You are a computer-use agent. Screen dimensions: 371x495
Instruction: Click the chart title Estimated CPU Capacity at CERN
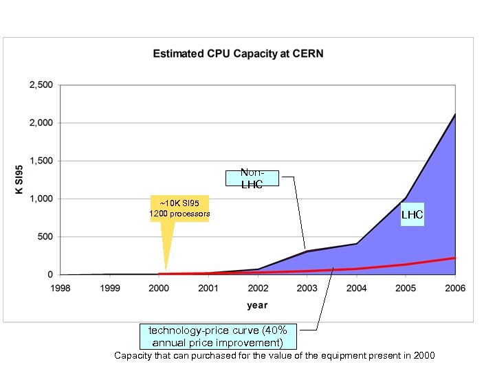(238, 53)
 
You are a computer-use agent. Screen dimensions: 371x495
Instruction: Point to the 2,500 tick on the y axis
(41, 85)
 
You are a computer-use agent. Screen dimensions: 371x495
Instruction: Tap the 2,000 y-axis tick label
(41, 123)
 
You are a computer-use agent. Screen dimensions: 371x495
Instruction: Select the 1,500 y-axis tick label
(41, 161)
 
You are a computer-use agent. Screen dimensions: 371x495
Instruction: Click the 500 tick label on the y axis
(45, 236)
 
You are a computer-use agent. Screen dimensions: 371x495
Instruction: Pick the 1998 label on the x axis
(60, 288)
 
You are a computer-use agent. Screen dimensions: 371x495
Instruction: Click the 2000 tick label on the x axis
(159, 288)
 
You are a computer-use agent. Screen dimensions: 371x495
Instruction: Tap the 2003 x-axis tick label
(307, 288)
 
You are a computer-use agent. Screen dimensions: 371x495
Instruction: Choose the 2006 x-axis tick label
(454, 288)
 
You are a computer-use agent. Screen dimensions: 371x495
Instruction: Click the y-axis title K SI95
(20, 180)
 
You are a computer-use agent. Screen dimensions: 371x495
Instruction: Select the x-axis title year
(257, 304)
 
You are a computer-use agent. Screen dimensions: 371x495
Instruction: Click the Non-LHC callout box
(252, 179)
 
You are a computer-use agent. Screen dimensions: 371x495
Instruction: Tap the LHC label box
(412, 215)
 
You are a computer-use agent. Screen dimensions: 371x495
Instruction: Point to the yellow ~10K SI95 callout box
(179, 209)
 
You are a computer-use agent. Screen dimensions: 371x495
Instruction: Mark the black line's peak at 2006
(454, 114)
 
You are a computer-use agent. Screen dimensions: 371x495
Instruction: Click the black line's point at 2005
(406, 199)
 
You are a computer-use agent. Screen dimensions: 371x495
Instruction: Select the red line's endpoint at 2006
(454, 258)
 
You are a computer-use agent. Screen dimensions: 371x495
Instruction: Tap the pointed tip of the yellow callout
(166, 269)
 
